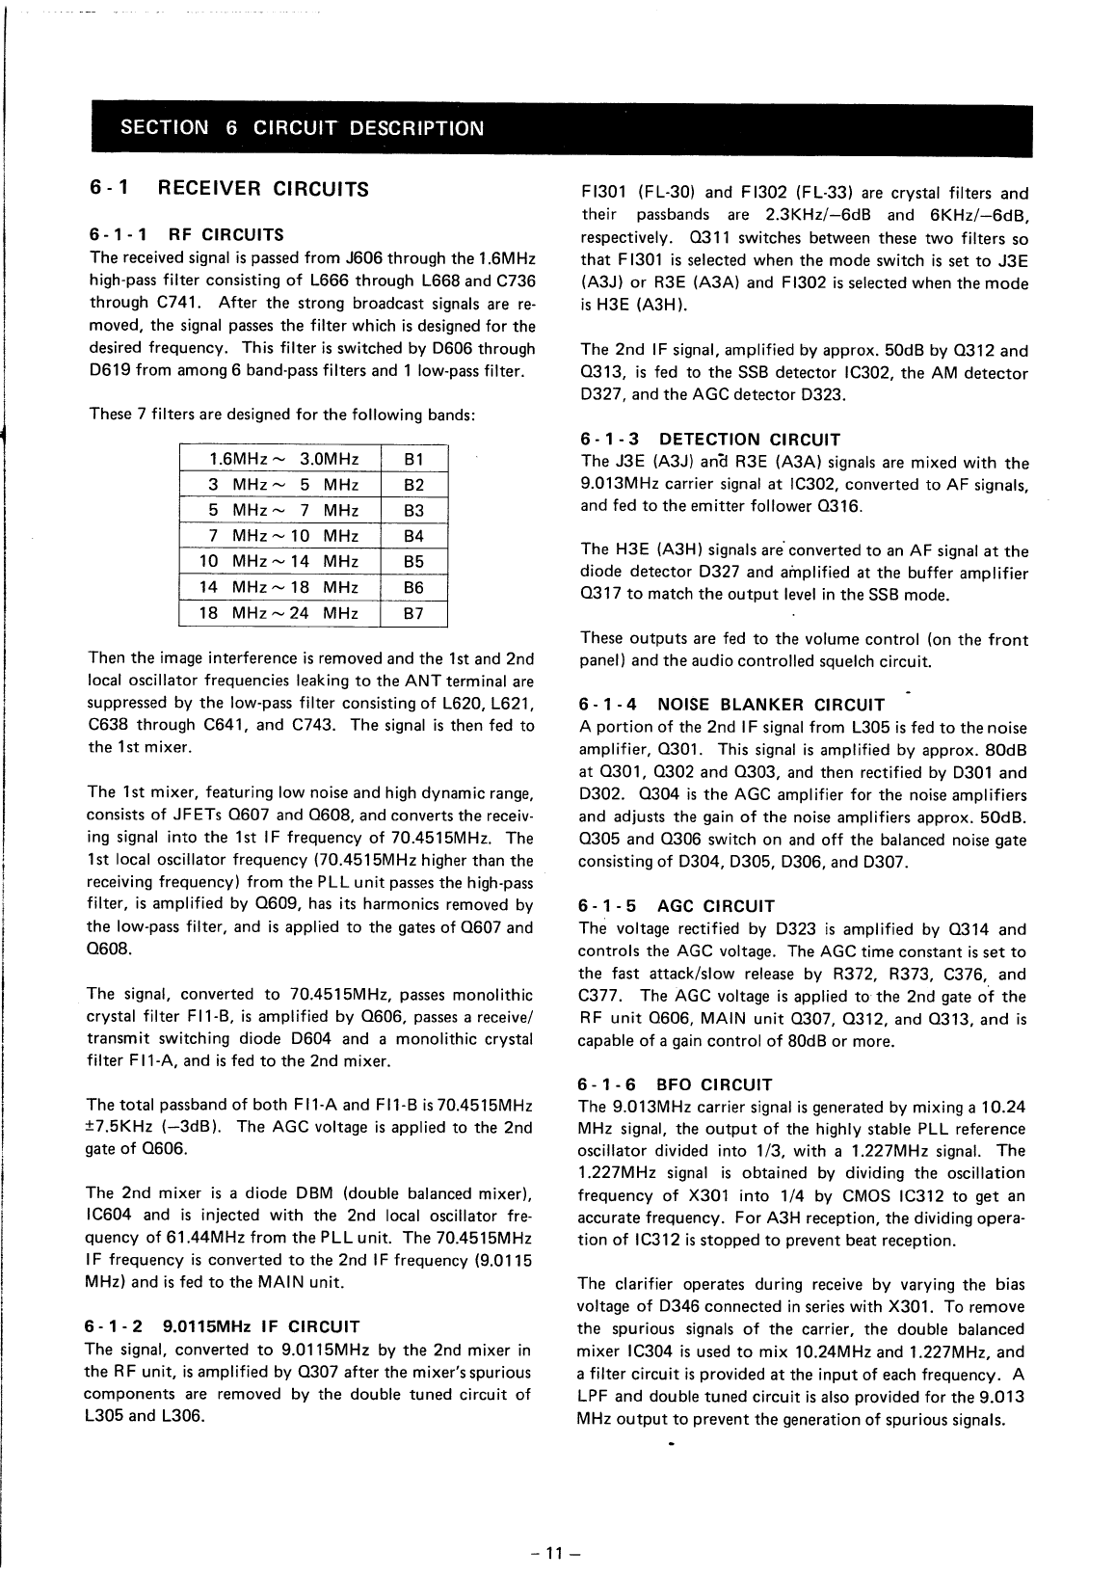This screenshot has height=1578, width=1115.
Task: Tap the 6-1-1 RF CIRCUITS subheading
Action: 187,234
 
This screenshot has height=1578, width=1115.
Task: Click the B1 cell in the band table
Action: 414,459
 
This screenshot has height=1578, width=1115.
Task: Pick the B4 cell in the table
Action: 414,536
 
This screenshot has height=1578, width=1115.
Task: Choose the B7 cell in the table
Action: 414,613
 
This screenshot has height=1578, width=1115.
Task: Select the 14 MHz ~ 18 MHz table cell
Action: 279,587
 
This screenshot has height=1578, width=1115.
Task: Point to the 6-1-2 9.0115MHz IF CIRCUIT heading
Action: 223,1326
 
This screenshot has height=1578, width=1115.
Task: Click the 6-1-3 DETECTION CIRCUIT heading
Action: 710,440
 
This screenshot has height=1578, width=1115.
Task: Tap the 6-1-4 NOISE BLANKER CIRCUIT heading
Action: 731,705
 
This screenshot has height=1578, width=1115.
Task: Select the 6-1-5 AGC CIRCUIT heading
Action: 676,906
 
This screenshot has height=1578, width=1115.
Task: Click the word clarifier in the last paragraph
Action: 641,1285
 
